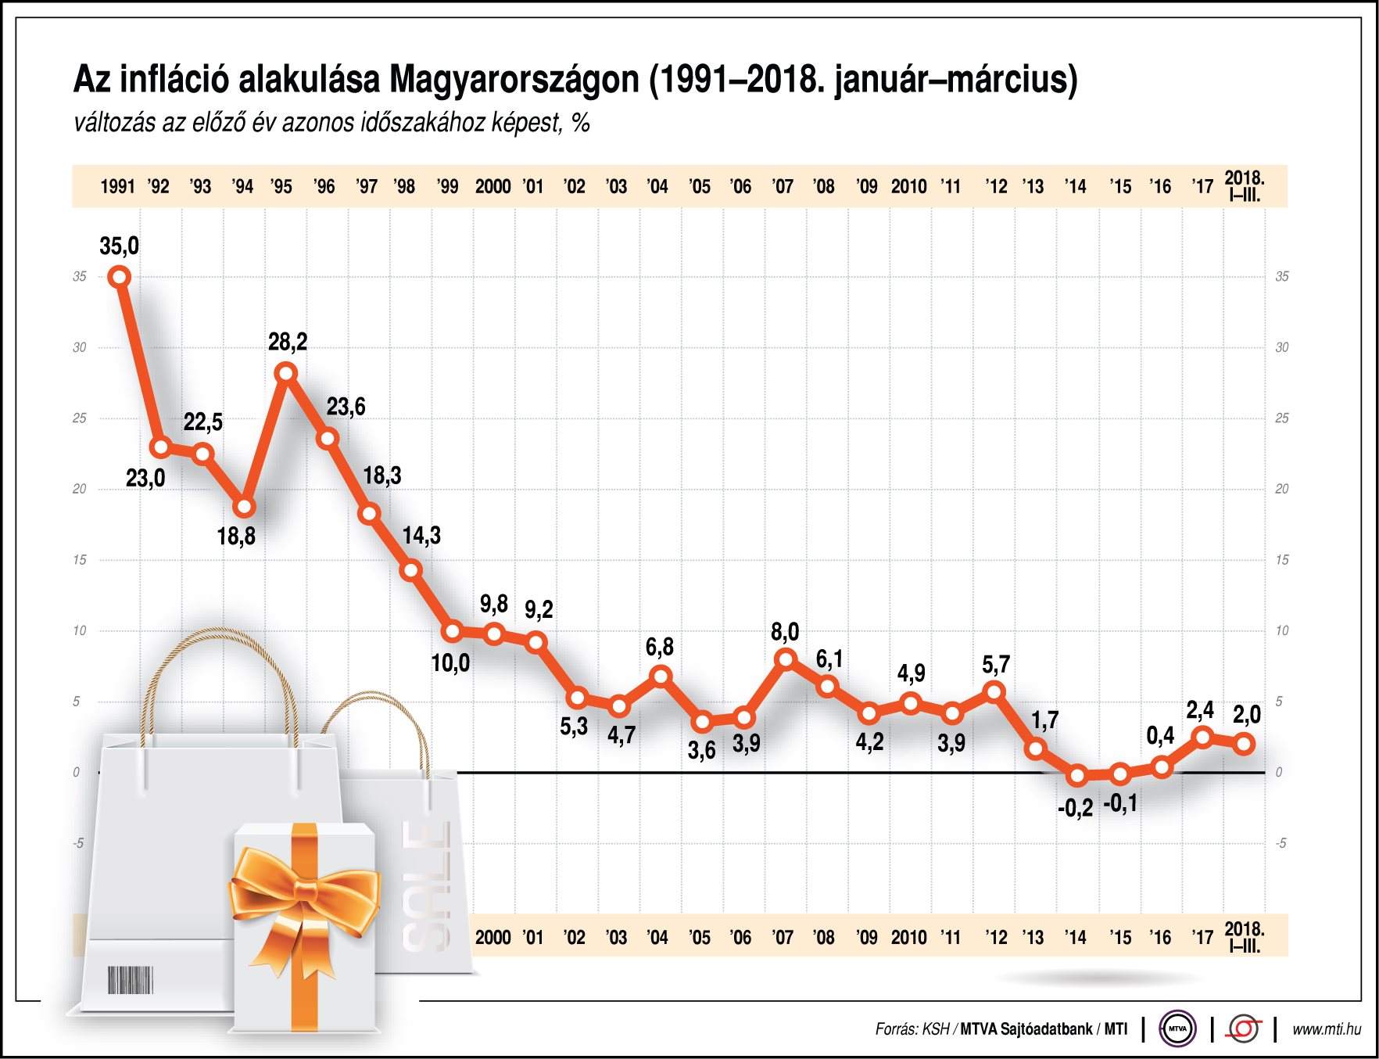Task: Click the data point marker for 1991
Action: [120, 277]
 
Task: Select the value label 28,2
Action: [288, 342]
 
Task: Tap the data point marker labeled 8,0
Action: [786, 659]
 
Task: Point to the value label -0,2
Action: [1075, 809]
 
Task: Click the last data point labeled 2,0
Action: [1245, 744]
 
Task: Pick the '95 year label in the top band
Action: [281, 187]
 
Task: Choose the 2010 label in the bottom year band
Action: [908, 937]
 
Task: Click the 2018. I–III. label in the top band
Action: [1245, 186]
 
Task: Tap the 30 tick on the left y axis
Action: [80, 347]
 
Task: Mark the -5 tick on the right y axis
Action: [1280, 843]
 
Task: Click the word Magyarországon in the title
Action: [514, 80]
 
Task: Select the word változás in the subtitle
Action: [114, 123]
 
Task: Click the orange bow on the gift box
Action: [305, 892]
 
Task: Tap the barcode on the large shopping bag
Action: [130, 979]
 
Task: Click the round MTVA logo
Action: [1177, 1028]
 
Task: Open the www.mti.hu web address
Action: [1326, 1029]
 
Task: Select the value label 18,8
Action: [236, 537]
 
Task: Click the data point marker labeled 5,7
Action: [994, 691]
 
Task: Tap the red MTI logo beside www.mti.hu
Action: [1243, 1028]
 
